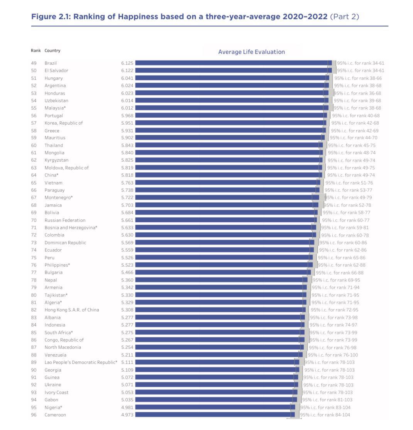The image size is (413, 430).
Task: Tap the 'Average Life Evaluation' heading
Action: click(251, 52)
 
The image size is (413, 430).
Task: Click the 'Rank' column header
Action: click(36, 51)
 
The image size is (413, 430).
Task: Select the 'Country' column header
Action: click(52, 51)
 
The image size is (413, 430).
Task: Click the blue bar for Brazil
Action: click(232, 63)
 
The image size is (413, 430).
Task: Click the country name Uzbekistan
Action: click(56, 100)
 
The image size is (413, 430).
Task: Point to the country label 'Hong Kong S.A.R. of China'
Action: click(72, 310)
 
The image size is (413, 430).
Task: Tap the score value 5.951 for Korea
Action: click(127, 123)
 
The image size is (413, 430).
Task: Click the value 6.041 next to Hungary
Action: click(127, 78)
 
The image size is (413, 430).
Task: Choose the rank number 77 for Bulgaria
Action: click(34, 273)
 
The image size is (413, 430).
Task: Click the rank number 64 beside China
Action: click(34, 175)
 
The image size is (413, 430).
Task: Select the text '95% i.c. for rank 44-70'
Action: click(354, 138)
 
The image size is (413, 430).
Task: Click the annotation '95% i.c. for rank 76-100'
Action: click(333, 355)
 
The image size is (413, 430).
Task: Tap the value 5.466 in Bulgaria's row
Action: click(127, 273)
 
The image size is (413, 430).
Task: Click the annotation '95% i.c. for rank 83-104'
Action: click(325, 407)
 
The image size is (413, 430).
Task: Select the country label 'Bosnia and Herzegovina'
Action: click(70, 228)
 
